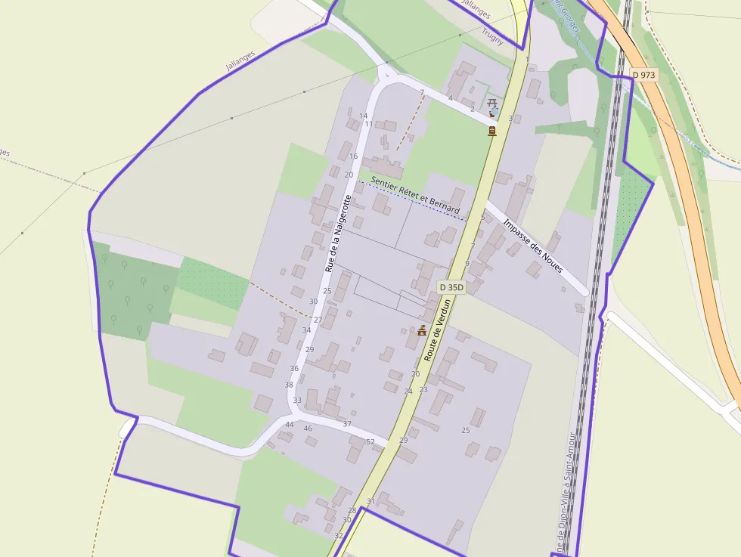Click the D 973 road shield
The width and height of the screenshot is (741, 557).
[x=643, y=75]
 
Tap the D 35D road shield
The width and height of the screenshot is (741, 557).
[x=451, y=287]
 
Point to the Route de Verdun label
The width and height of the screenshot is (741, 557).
[x=438, y=330]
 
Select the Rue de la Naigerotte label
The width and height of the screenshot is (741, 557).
[x=339, y=233]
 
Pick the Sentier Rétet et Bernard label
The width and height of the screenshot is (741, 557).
[x=415, y=194]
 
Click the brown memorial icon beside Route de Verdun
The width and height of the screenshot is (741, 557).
[x=492, y=131]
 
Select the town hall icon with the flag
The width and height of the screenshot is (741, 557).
[x=422, y=330]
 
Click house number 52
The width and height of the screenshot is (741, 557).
[x=370, y=441]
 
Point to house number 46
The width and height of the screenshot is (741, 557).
[x=308, y=429]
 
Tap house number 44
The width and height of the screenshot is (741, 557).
[x=289, y=425]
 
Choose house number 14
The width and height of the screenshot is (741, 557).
[x=364, y=116]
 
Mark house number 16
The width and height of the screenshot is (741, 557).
[x=353, y=156]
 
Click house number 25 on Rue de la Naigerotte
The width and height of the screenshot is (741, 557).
[x=327, y=290]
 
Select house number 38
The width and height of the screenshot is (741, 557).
[x=289, y=385]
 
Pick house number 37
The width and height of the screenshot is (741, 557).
[x=347, y=424]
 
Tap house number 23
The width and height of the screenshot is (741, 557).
[x=423, y=389]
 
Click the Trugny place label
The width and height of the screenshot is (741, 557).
[x=492, y=32]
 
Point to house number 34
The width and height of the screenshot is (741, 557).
[x=306, y=330]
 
